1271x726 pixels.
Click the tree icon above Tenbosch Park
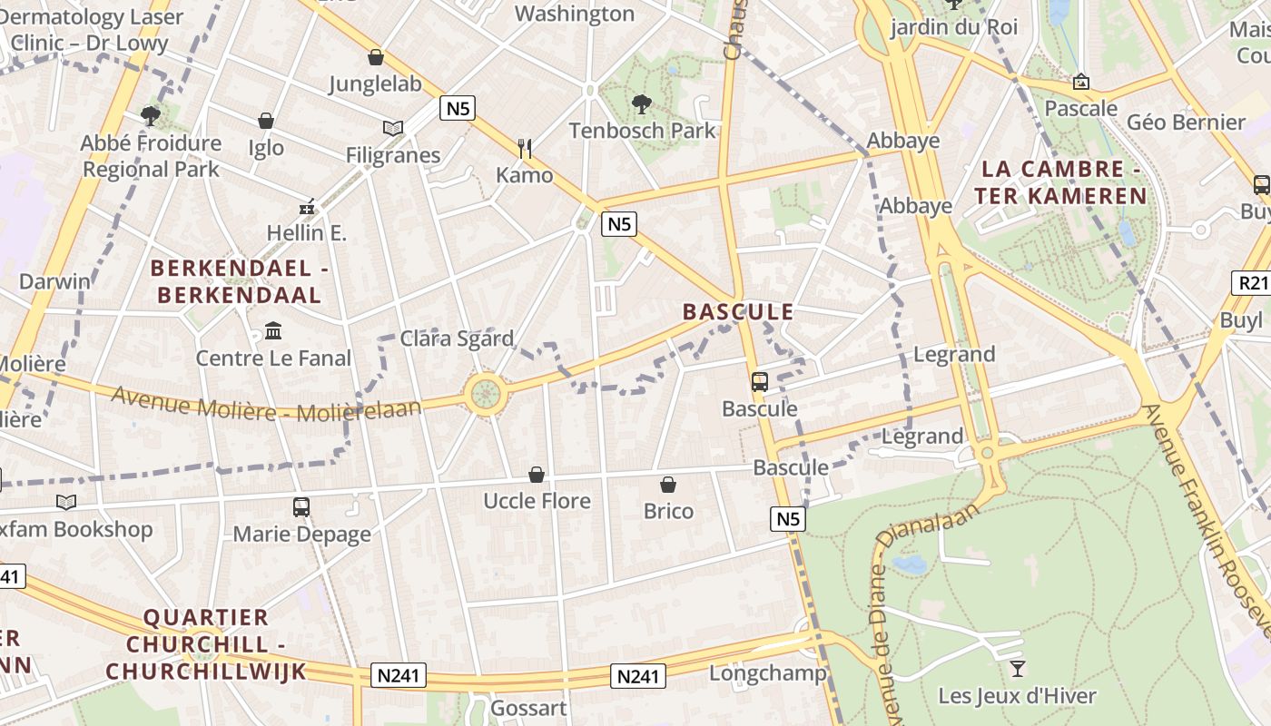642,103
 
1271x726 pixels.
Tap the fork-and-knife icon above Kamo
524,148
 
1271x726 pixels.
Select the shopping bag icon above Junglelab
375,57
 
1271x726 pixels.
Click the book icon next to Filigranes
392,129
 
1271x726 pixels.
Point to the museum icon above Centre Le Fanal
273,331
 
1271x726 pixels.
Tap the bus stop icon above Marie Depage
301,507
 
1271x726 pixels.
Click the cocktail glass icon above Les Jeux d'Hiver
1017,669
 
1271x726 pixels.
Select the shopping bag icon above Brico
668,485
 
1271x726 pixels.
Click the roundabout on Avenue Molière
486,394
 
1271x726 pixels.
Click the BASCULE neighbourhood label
738,312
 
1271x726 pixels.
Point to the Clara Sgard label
457,338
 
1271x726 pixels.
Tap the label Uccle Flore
537,501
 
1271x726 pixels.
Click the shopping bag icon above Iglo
266,121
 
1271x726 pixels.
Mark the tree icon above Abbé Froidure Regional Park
151,115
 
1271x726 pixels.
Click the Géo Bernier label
1186,122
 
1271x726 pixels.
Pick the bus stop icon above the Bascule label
760,382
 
